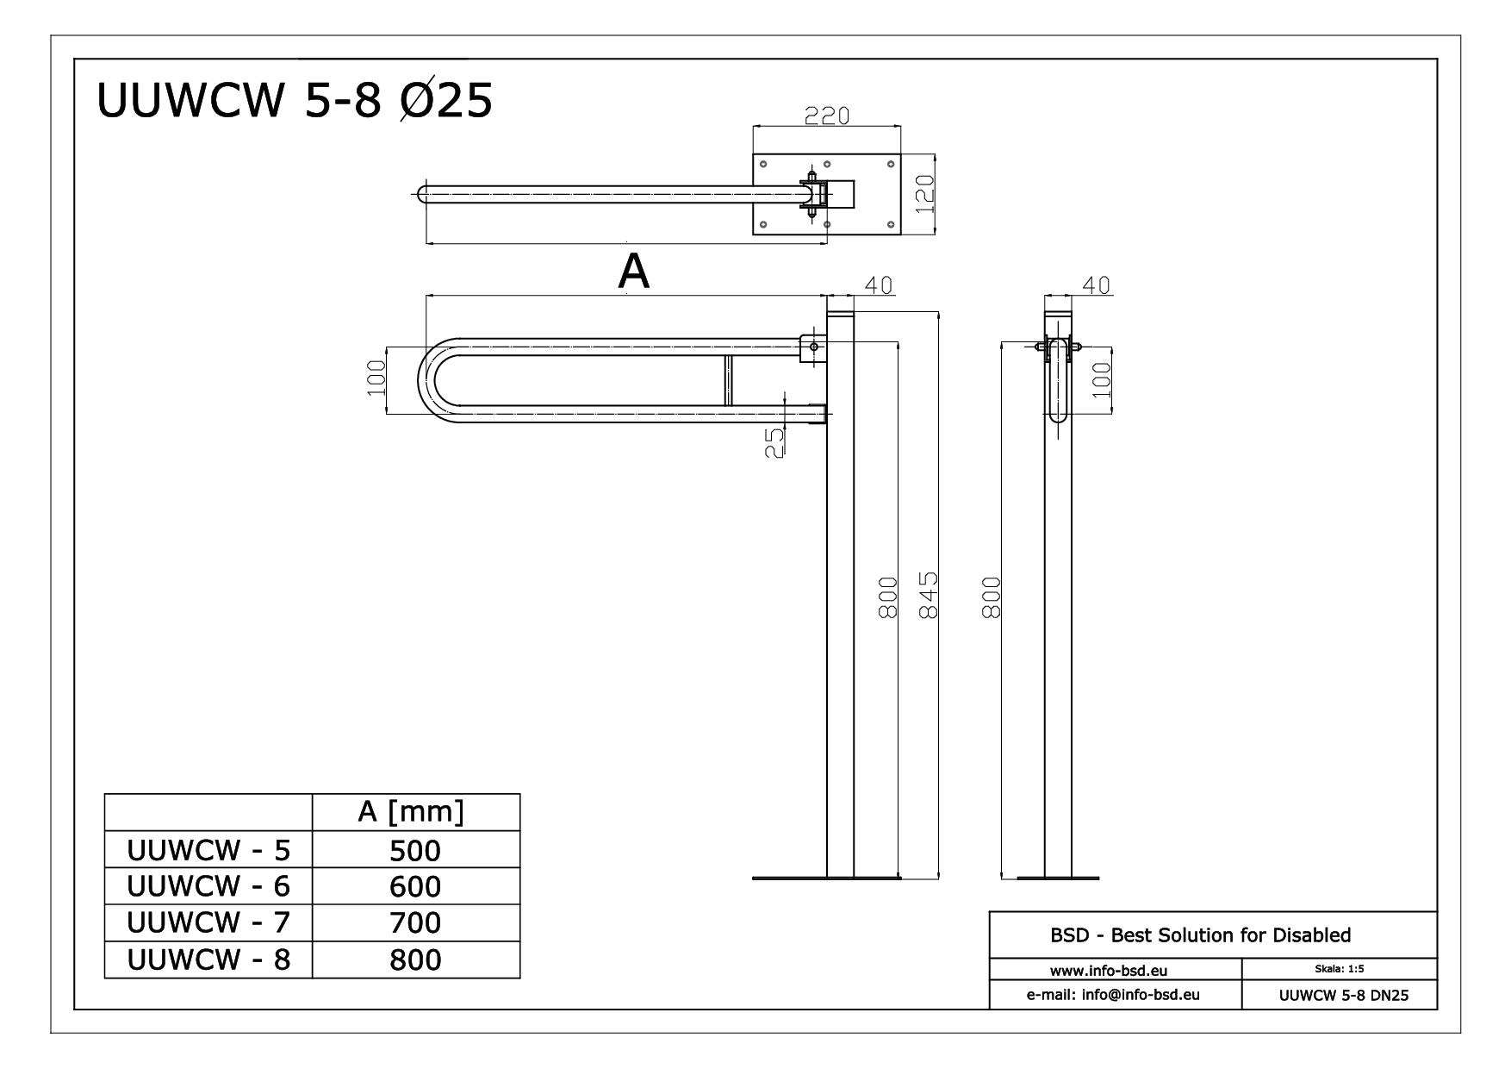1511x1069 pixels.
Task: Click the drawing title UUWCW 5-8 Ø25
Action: [x=294, y=101]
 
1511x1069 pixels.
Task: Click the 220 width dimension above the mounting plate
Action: [x=826, y=116]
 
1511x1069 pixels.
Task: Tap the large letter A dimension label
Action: [x=633, y=272]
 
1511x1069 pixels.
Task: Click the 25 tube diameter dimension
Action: [x=775, y=443]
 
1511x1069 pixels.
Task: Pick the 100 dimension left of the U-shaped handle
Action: [x=376, y=378]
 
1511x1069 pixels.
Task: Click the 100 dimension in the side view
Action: [x=1101, y=379]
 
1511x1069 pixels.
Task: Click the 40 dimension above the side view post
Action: [x=1096, y=285]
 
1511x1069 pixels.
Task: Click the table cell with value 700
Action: [x=415, y=923]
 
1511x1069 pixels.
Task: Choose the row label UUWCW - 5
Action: [x=208, y=850]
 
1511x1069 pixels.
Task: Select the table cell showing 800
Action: [x=415, y=960]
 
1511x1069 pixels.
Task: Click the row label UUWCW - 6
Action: [x=208, y=886]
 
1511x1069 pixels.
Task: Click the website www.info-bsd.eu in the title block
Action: [x=1115, y=971]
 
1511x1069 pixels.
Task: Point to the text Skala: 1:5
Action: [x=1338, y=969]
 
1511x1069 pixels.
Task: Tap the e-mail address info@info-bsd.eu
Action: [x=1115, y=995]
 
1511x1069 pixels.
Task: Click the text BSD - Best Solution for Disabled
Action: [x=1200, y=935]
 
